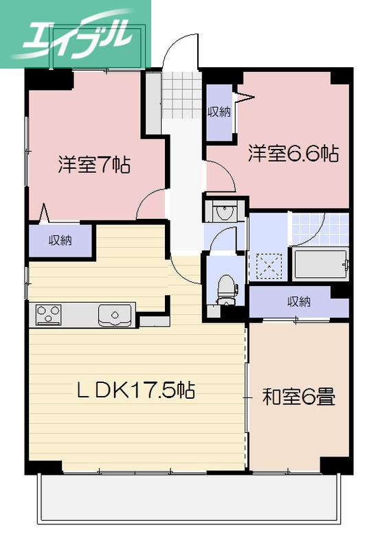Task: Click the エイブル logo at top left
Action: tap(76, 34)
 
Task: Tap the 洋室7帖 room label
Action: tap(95, 165)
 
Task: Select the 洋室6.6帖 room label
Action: tap(293, 153)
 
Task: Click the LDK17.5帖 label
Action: tap(135, 391)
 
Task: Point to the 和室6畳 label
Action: tap(299, 397)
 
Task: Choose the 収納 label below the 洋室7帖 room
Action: tap(60, 241)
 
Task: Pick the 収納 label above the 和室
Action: tap(298, 301)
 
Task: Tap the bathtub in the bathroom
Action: tap(321, 264)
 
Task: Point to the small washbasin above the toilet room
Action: tap(223, 213)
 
